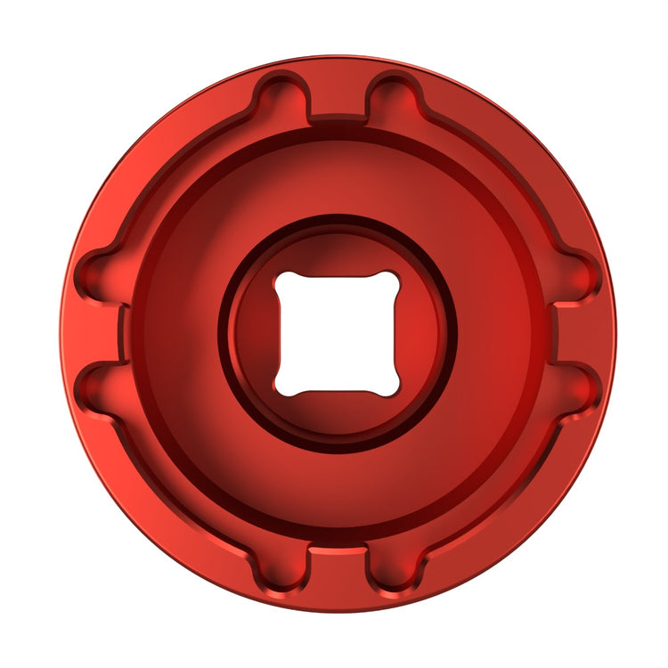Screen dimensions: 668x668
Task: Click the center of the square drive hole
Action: tap(337, 333)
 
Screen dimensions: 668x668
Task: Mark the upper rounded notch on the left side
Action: tap(97, 277)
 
